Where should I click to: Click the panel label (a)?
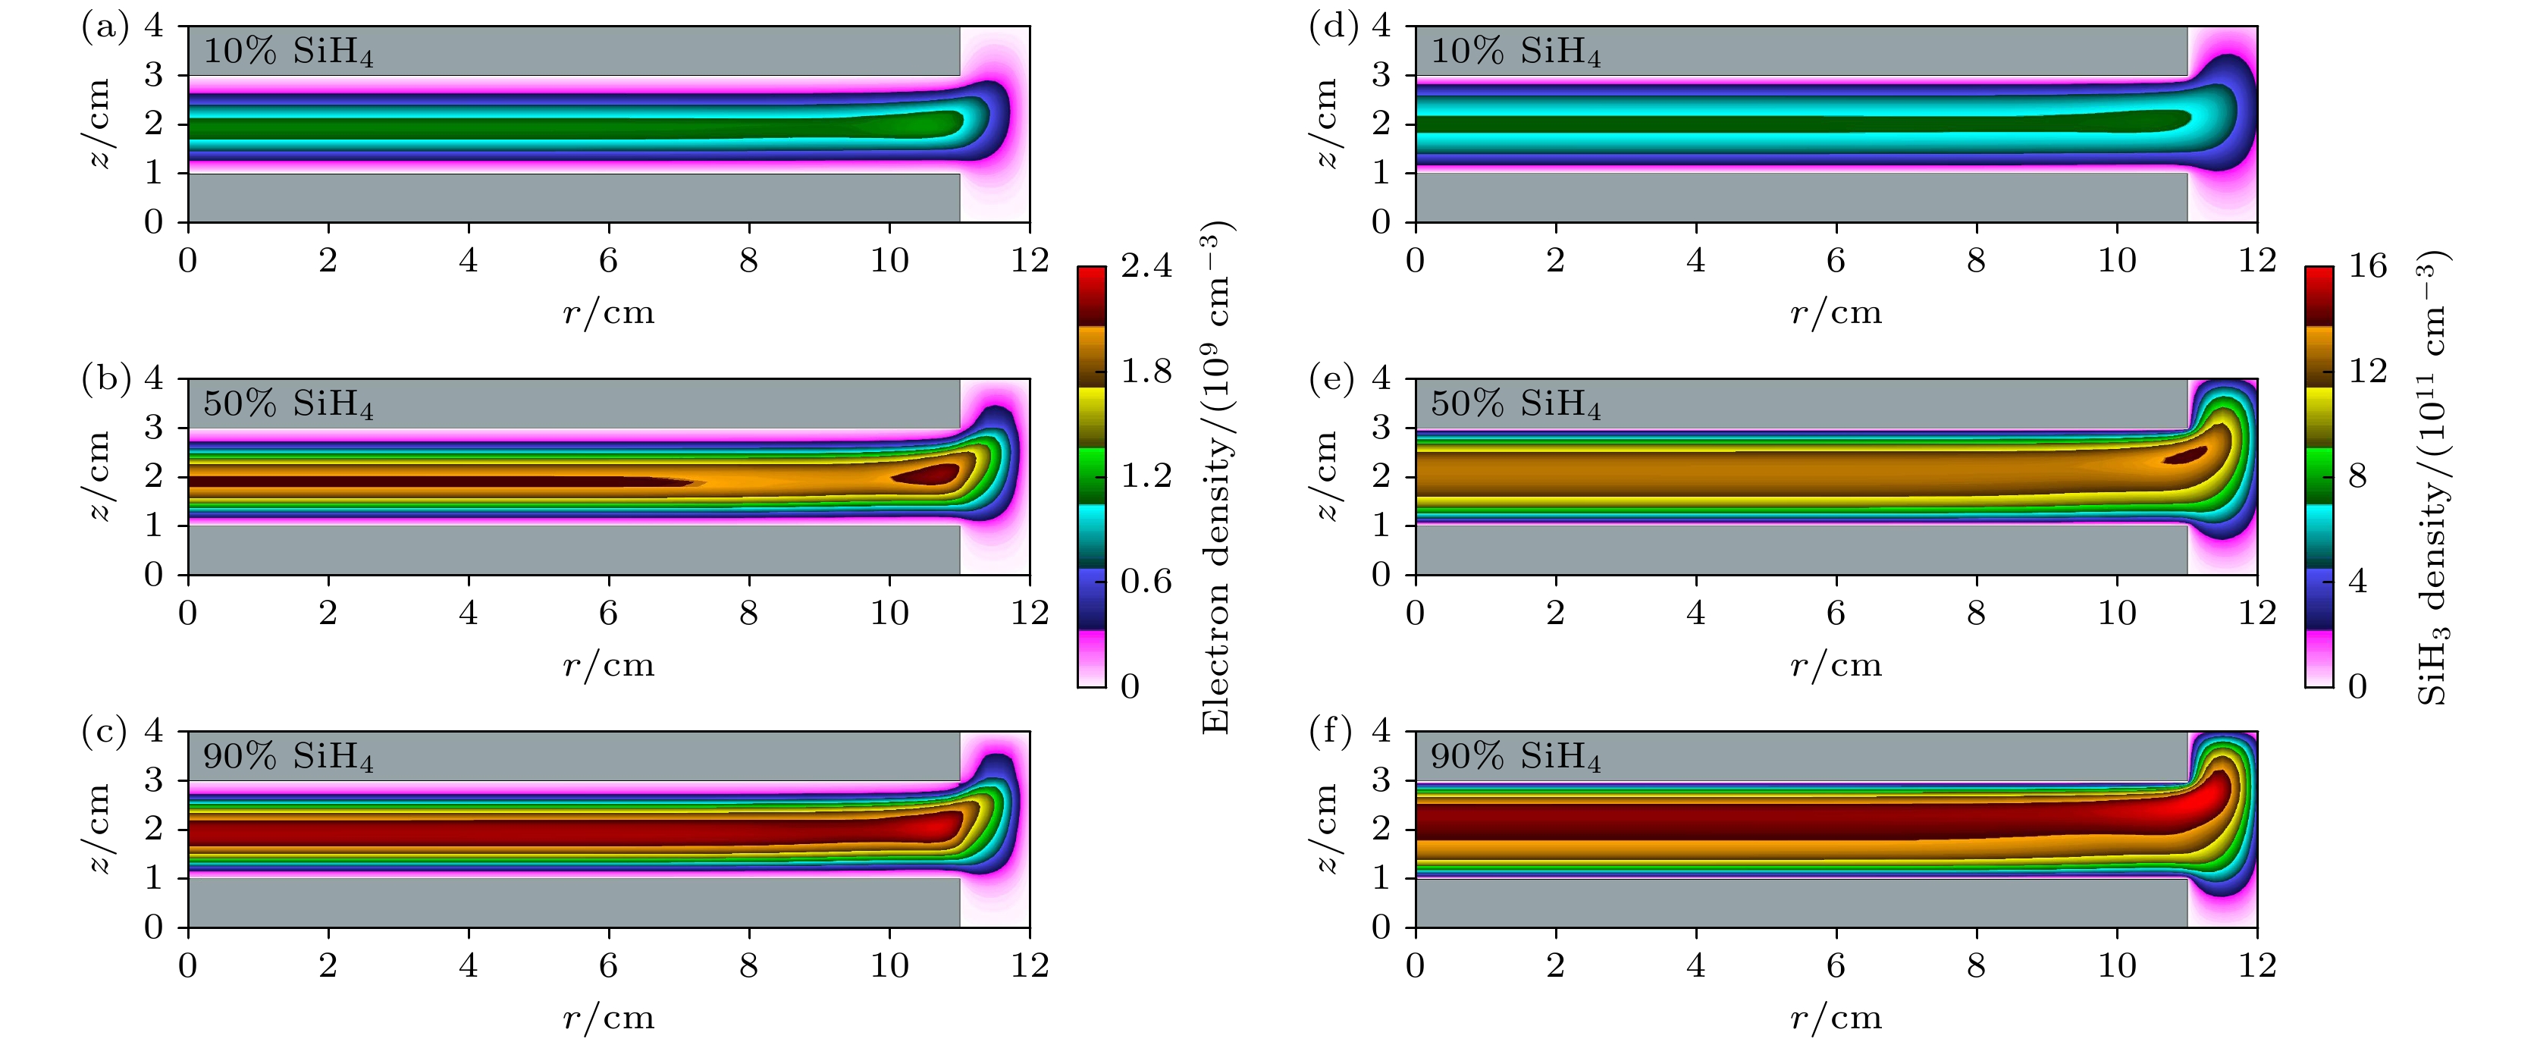coord(105,27)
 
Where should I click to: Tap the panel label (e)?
coord(1331,379)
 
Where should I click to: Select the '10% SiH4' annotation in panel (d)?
coord(1515,52)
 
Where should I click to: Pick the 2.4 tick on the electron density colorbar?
coord(1146,266)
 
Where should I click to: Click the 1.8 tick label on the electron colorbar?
coord(1146,372)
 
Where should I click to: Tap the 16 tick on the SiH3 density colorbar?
coord(2368,266)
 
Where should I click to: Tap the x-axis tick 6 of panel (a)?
coord(609,261)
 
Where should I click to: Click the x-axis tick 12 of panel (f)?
coord(2257,966)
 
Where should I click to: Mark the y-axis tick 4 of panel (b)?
coord(154,379)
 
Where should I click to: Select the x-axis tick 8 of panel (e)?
coord(1976,614)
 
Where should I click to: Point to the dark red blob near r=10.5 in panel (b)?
coord(928,475)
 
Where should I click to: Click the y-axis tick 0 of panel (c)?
coord(154,927)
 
